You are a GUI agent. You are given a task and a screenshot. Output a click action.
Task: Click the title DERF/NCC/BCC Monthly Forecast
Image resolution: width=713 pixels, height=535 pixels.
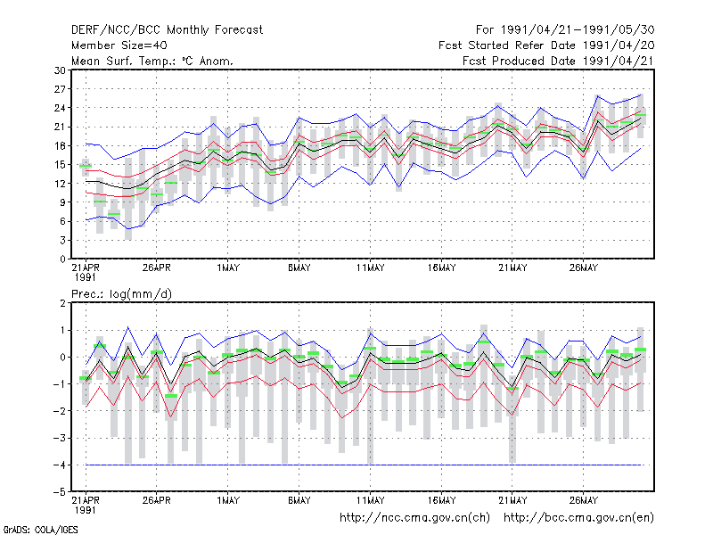pos(167,30)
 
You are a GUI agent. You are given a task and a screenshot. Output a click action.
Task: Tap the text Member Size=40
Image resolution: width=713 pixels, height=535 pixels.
pos(119,45)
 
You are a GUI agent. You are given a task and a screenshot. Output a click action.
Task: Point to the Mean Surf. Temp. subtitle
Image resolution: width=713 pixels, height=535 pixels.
pos(152,61)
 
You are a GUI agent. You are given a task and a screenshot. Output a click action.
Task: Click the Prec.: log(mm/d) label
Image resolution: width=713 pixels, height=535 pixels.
pos(121,294)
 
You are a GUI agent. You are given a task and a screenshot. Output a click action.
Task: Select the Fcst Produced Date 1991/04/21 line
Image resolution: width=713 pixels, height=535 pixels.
pos(558,61)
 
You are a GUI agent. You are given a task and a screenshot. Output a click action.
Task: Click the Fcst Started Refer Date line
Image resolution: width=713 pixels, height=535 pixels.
pos(546,45)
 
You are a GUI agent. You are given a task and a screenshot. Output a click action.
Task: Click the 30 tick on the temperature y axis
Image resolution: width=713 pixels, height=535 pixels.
pos(60,70)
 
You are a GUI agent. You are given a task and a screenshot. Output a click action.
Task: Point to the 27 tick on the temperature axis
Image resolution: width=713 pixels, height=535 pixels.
pos(60,89)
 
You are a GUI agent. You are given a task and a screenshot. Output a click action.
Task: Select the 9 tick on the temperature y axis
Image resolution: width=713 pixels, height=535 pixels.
pos(62,202)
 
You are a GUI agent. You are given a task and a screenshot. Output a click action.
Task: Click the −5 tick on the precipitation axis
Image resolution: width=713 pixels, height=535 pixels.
pos(60,492)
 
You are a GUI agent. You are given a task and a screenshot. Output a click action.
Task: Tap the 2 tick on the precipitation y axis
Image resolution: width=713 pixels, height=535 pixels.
pos(62,303)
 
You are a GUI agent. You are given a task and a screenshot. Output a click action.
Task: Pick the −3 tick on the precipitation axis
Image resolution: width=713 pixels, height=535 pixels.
pos(60,438)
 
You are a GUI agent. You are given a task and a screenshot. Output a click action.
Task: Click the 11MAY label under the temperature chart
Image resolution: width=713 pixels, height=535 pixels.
pos(370,268)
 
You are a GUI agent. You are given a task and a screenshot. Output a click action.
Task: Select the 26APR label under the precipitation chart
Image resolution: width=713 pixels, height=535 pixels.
pos(157,500)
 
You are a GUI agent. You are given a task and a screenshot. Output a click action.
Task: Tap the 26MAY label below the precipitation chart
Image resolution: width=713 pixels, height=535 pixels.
pos(584,500)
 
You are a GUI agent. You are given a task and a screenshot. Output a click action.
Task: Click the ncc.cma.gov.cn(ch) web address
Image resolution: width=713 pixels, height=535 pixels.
pos(414,518)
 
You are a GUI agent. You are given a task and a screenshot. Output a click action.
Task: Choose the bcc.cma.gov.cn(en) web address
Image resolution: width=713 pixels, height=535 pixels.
pos(578,518)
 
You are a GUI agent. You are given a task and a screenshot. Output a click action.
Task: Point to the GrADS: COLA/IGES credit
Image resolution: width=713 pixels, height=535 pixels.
pos(41,530)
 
